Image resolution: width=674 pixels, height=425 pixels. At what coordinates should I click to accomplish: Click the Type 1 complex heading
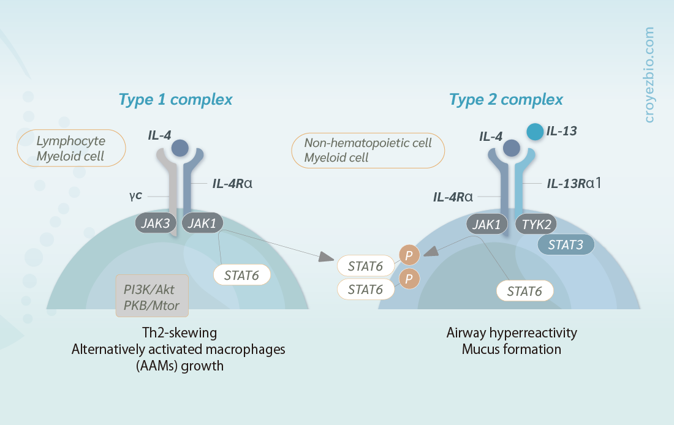tap(175, 100)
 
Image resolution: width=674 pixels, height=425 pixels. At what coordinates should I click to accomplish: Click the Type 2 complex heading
tap(506, 100)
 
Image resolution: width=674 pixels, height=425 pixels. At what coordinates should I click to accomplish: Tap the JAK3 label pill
tap(156, 223)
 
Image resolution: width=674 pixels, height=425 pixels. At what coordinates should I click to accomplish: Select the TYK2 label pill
tap(536, 224)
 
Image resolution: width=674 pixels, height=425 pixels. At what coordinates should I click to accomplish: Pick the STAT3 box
tap(566, 244)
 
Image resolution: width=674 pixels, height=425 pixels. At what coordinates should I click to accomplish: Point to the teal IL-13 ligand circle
tap(535, 132)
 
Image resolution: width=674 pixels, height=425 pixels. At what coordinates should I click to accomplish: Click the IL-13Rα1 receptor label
tap(574, 184)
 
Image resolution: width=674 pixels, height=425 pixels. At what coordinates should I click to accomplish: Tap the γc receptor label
tap(135, 196)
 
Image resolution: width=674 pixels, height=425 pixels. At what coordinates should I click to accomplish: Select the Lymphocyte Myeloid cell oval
tap(71, 148)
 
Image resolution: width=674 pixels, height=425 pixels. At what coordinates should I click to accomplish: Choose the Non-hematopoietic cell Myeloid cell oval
tap(368, 151)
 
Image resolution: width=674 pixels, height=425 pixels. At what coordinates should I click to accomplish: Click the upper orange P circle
tap(409, 255)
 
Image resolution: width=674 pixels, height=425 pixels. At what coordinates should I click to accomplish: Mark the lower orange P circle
tap(409, 279)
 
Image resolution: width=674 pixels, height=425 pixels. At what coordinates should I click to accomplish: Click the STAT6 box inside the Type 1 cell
tap(241, 275)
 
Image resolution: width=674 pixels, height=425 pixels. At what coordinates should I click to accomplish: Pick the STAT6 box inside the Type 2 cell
tap(524, 291)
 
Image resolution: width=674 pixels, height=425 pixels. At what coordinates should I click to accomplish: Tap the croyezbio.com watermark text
tap(649, 75)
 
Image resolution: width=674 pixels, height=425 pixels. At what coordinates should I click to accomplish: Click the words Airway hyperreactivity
tap(512, 333)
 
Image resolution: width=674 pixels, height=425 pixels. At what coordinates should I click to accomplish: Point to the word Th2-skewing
tap(180, 333)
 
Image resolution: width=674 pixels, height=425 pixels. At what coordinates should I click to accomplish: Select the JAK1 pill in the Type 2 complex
tap(487, 224)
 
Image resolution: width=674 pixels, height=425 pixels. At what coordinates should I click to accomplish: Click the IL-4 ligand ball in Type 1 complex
tap(180, 148)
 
